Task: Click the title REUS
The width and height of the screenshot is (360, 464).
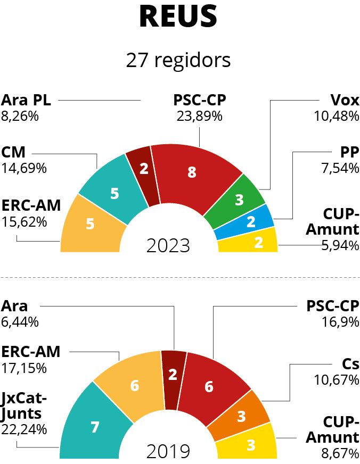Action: click(178, 16)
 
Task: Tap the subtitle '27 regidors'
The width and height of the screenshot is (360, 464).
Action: click(178, 60)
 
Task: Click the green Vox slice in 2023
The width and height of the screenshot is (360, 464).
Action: click(237, 201)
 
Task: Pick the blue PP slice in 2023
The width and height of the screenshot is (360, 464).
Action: click(247, 222)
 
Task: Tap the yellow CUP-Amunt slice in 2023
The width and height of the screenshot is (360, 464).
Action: click(250, 242)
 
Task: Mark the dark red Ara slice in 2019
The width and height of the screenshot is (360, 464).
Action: click(173, 379)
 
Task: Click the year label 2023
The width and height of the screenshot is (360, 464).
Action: click(168, 246)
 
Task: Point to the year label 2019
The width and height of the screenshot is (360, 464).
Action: click(168, 452)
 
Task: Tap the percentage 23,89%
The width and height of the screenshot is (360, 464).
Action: click(200, 117)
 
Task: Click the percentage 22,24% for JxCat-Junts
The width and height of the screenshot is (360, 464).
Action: click(24, 429)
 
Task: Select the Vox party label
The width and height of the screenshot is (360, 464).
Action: click(345, 100)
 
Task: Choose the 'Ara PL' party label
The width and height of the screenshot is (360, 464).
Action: click(26, 100)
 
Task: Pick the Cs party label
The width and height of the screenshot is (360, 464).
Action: click(350, 364)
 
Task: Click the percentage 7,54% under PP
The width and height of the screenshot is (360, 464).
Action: click(340, 168)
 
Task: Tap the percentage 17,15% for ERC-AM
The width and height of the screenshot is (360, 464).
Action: click(24, 368)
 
